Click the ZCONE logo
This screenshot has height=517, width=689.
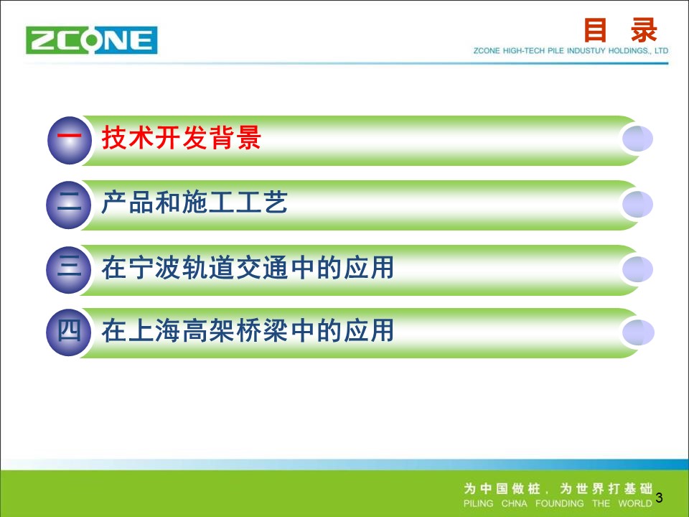tap(91, 40)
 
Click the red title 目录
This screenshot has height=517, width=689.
tap(620, 30)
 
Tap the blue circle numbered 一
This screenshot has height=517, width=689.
tap(70, 140)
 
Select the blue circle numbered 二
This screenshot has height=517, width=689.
tap(69, 205)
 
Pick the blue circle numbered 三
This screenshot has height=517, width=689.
tap(69, 269)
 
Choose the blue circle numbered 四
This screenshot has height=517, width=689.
tap(69, 332)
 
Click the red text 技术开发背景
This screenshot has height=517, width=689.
tap(182, 138)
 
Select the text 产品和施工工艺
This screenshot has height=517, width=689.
tap(194, 202)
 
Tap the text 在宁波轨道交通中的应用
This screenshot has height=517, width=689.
tap(248, 267)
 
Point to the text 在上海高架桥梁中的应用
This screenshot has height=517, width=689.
tap(248, 330)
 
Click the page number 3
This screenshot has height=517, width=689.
tap(659, 498)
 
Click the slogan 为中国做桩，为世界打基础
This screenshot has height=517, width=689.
tap(558, 488)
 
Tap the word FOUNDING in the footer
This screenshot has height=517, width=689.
tap(559, 503)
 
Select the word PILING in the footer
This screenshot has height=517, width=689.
tap(479, 503)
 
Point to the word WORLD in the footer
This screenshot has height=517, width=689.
tap(635, 503)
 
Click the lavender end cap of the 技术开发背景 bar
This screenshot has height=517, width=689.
tap(637, 139)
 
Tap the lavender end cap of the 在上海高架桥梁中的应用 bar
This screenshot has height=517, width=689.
tap(638, 332)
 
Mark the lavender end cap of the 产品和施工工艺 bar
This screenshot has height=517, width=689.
tap(637, 204)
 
